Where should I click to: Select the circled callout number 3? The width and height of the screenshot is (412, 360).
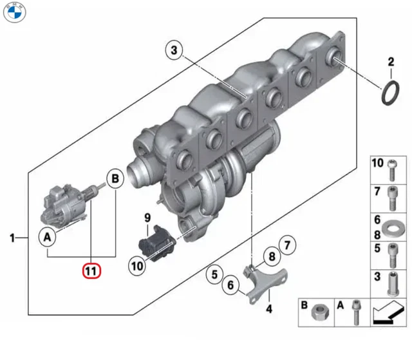click(176, 48)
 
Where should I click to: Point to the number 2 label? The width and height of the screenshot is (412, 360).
click(390, 62)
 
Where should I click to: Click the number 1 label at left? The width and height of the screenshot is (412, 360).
click(12, 239)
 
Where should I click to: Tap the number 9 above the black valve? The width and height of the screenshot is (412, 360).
click(147, 218)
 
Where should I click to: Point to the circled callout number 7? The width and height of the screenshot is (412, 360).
click(287, 245)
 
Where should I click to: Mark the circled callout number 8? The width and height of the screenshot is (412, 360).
click(272, 256)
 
